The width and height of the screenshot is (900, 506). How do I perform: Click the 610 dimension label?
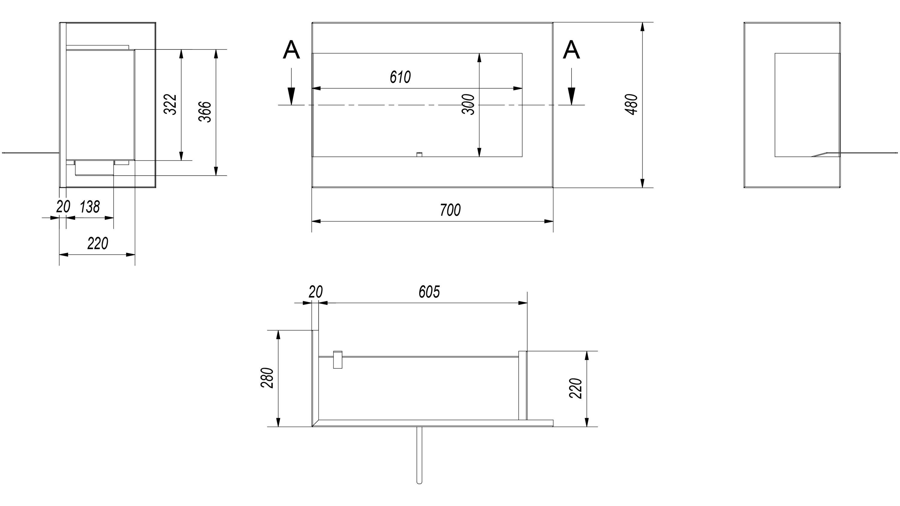400,77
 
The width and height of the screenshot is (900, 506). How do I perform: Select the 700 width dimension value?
450,210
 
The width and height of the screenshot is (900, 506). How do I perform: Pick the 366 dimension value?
205,112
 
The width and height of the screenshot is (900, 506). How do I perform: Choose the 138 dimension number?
90,207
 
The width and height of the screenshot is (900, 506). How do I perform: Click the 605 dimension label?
429,292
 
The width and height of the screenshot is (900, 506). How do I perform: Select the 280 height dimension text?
267,378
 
